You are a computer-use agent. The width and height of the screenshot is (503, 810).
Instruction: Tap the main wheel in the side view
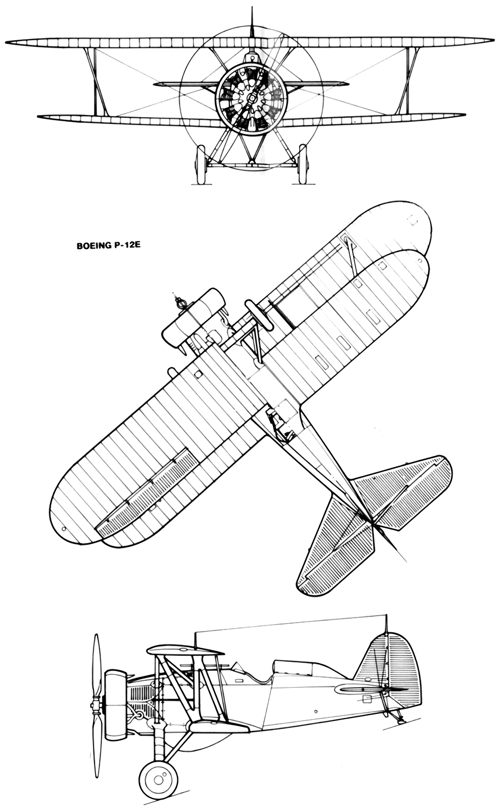click(x=158, y=780)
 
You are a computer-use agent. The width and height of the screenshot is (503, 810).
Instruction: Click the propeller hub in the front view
click(x=251, y=98)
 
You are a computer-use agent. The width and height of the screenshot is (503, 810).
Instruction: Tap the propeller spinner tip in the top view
click(x=174, y=293)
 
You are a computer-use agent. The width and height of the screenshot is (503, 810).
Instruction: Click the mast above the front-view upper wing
click(x=251, y=23)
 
